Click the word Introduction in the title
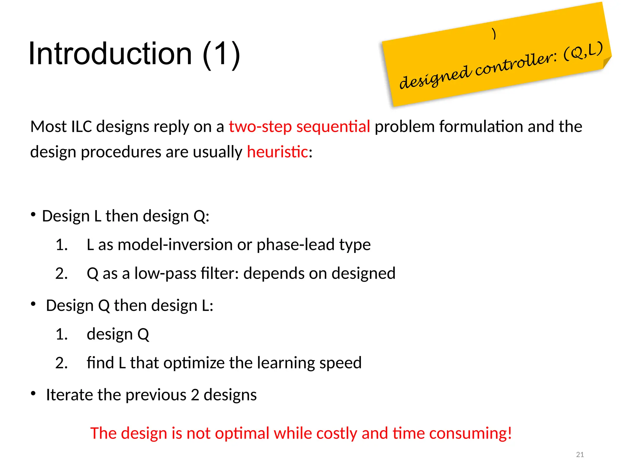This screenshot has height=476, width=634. [110, 54]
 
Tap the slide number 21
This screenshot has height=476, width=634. [580, 455]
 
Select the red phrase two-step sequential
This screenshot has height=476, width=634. [299, 127]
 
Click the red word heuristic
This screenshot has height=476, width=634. [277, 152]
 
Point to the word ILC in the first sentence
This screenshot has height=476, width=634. [81, 127]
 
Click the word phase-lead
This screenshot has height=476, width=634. [296, 245]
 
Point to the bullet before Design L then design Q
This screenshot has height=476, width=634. [33, 214]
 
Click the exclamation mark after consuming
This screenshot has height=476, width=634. [510, 433]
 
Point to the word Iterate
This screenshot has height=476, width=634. [70, 395]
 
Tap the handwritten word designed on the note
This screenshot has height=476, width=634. [435, 77]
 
